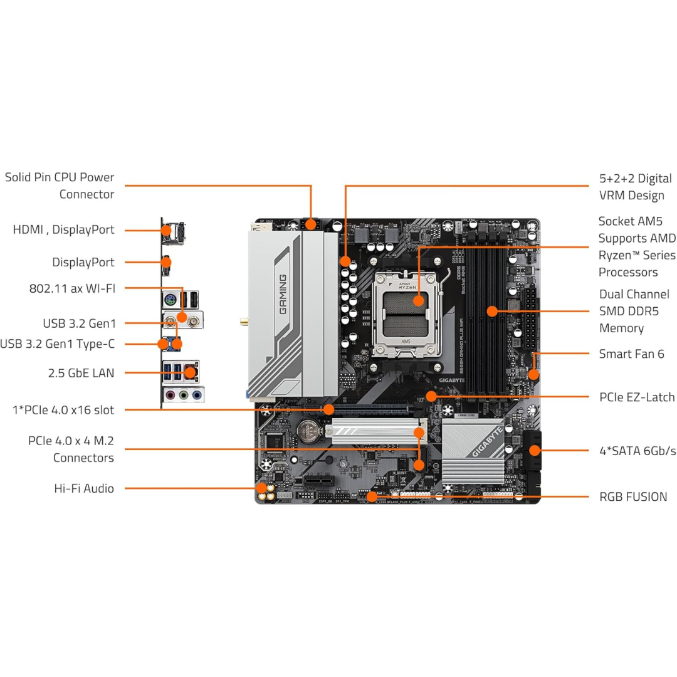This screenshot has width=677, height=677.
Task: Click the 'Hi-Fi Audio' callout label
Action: point(84,488)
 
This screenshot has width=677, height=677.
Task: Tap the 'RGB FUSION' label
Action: point(633,496)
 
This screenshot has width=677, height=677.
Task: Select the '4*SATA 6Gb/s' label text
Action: point(638,451)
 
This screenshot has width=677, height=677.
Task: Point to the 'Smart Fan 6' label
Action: point(632,354)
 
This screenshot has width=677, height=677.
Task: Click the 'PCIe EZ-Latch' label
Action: point(637,397)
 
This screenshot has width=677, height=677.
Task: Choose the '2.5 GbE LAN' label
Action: point(81,373)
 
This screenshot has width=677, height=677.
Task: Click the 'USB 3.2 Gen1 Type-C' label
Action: point(57,344)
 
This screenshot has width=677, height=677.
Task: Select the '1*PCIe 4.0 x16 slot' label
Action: point(63,410)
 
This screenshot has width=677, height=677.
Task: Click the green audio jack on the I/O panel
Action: point(182,396)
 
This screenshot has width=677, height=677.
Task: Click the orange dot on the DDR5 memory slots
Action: point(493,310)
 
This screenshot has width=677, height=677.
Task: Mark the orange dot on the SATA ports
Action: point(534,449)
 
